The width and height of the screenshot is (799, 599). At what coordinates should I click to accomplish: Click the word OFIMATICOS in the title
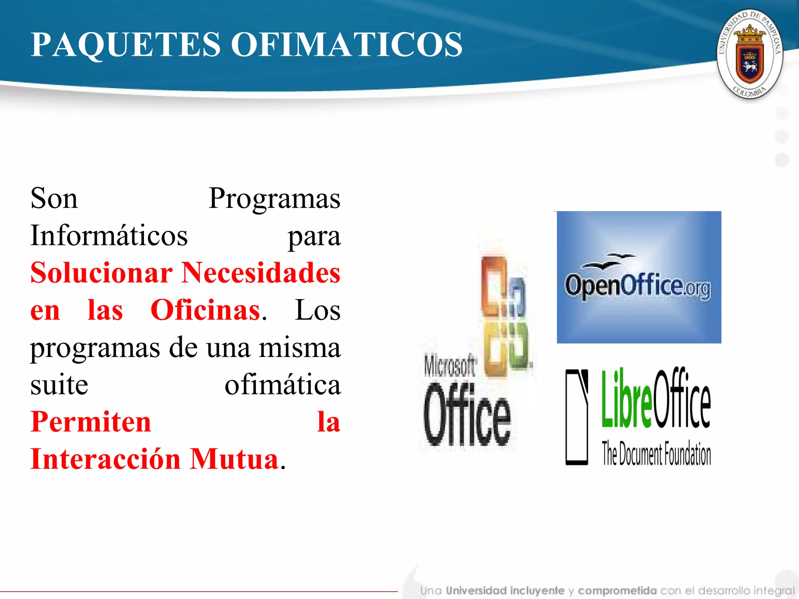pos(346,44)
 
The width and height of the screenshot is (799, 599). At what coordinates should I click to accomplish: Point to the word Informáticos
pos(109,236)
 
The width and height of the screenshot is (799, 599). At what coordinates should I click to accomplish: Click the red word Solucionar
pos(101,273)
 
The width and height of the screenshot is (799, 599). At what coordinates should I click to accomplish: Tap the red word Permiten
pos(91,422)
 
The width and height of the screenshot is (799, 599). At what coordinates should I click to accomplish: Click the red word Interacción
pos(105,459)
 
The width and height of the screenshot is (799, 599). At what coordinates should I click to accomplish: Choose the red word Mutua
pos(234,459)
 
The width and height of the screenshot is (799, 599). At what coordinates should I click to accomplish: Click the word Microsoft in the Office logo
pos(449,366)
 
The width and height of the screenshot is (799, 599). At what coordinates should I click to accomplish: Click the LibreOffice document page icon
pos(577,416)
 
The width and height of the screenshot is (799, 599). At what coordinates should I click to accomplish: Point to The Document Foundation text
pos(656,454)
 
